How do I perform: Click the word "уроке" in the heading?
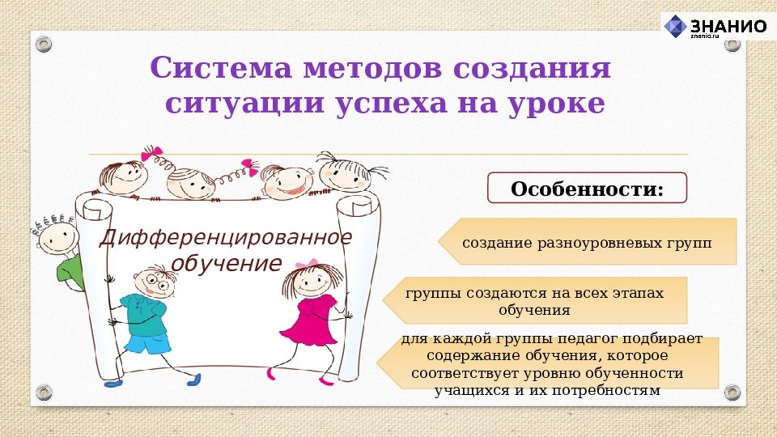(558, 104)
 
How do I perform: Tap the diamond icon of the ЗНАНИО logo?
(675, 26)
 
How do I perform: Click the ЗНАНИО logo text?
(728, 25)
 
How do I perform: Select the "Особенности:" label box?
(587, 189)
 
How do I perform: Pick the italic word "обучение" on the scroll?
(226, 263)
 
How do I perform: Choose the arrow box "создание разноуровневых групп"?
(587, 242)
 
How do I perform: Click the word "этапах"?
(637, 293)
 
